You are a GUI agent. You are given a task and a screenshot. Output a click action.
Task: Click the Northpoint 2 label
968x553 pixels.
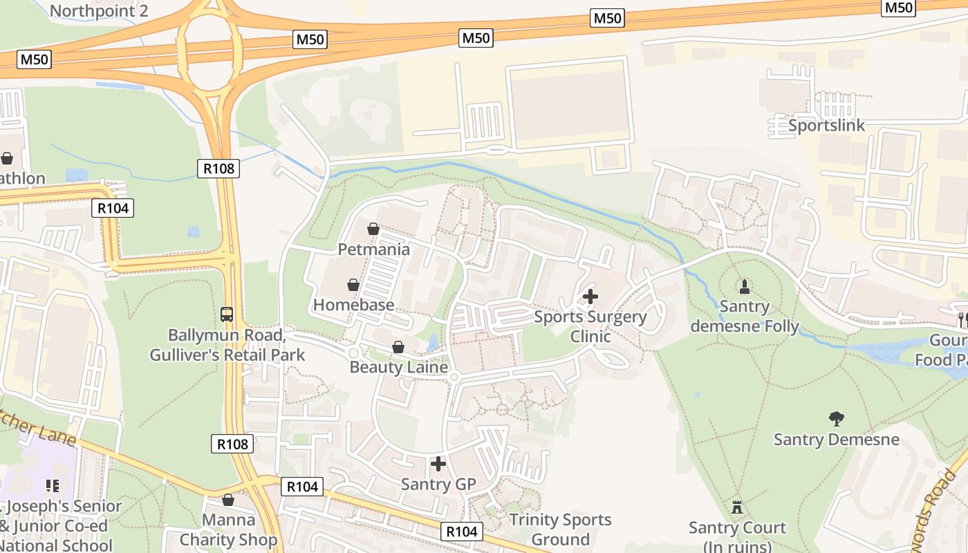99,11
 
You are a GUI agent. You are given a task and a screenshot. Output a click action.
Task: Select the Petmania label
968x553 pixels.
373,249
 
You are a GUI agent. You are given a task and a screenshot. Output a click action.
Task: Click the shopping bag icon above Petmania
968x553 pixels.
373,229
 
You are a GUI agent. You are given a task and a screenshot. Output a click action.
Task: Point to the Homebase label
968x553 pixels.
353,305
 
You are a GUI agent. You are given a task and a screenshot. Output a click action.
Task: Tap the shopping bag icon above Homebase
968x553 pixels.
353,285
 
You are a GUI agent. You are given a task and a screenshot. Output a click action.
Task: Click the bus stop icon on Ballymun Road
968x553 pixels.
227,315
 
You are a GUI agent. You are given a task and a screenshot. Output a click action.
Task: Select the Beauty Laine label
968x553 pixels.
398,367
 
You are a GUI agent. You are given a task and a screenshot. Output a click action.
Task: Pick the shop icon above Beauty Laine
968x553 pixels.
398,347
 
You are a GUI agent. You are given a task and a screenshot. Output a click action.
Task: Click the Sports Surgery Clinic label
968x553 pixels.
590,326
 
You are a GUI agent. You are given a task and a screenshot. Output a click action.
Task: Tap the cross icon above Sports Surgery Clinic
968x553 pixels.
590,297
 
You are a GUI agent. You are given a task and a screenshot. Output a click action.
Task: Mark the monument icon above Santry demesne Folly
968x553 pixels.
745,286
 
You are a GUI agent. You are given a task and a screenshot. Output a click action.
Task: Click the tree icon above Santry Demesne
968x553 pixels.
837,418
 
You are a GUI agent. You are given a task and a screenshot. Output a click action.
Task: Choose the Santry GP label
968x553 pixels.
438,484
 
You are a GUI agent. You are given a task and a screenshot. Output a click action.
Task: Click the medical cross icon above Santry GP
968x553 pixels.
438,464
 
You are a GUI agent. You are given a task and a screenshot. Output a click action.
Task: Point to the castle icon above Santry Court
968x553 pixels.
737,508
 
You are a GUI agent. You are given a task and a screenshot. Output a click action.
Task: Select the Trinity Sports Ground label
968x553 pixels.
560,529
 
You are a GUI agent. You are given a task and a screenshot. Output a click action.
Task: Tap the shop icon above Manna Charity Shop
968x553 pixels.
228,499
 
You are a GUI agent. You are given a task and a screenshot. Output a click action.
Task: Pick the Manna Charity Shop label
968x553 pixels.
228,529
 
